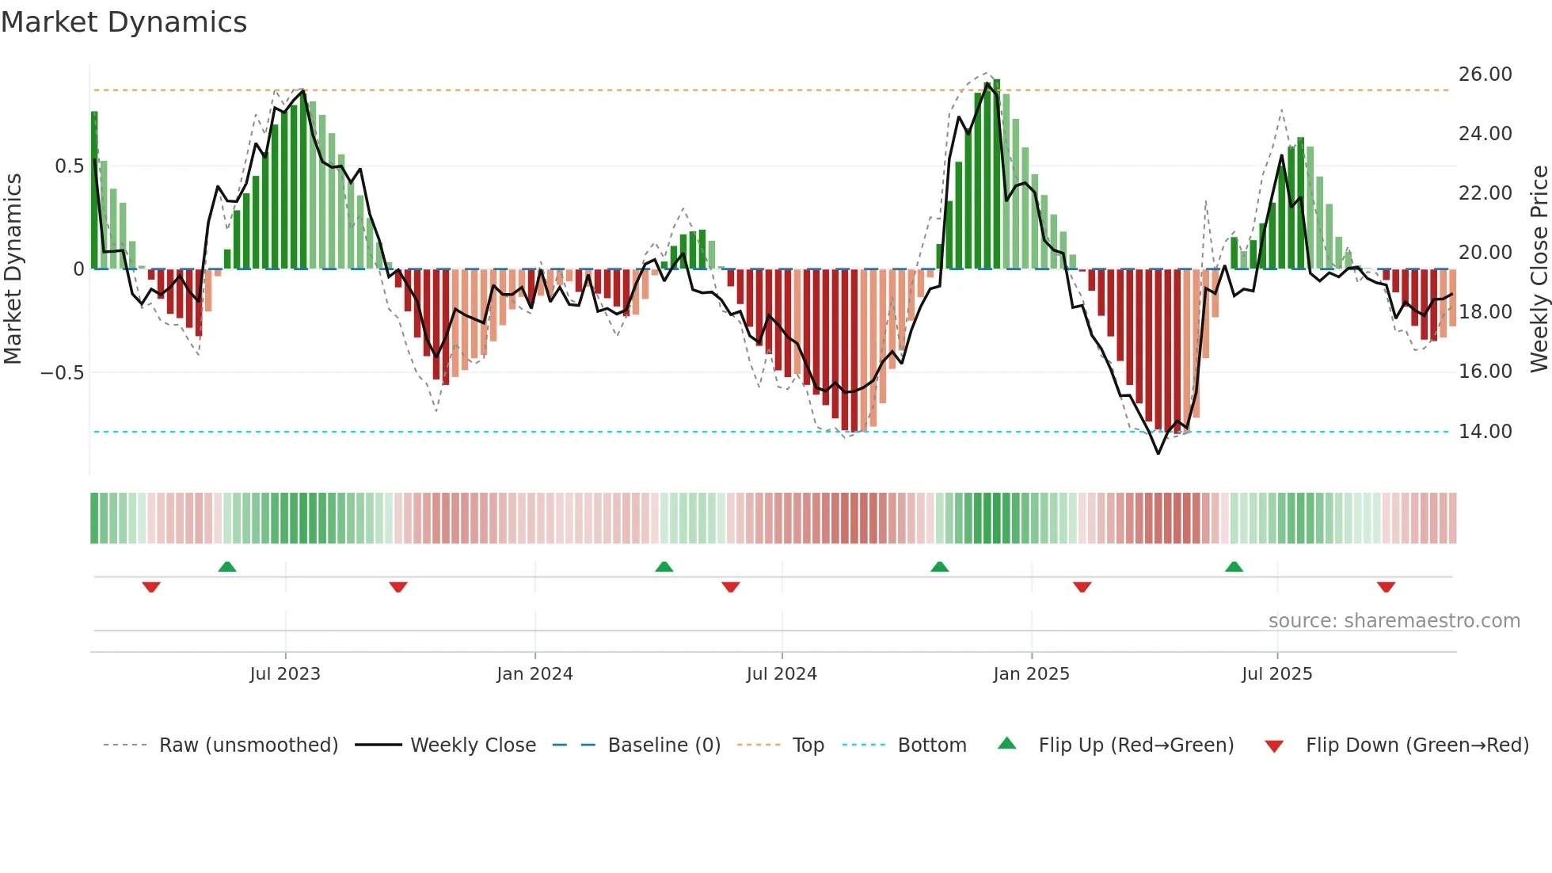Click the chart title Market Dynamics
tap(124, 22)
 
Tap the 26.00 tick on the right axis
tap(1485, 74)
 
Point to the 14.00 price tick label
tap(1485, 432)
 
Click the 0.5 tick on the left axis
tap(69, 166)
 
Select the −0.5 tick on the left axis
tap(63, 373)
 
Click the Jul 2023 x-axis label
tap(285, 674)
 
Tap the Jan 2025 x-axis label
tap(1031, 674)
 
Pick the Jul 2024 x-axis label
tap(782, 674)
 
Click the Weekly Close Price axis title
tap(1539, 269)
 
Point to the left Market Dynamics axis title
tap(13, 269)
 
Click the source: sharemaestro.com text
tap(1394, 621)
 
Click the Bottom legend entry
tap(931, 745)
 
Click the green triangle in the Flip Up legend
tap(1006, 744)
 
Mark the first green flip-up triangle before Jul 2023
tap(227, 567)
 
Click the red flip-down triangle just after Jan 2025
tap(1082, 587)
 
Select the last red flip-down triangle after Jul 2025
tap(1386, 587)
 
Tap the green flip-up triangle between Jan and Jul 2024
tap(664, 567)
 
